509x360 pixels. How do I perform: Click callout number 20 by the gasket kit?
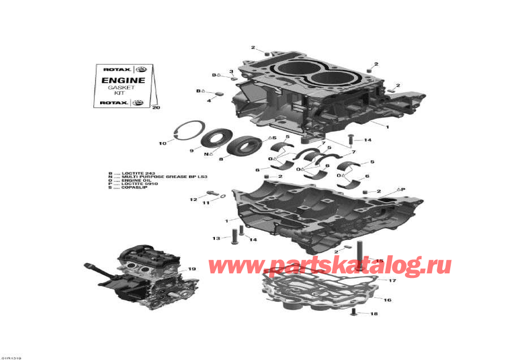156,108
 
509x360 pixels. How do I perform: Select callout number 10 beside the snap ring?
162,143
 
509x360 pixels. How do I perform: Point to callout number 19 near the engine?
192,269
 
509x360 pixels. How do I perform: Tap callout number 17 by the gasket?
392,280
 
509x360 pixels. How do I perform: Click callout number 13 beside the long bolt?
215,239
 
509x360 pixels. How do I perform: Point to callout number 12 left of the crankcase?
193,199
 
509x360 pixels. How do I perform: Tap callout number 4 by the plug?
208,100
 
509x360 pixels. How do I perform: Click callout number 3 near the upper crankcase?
231,71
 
